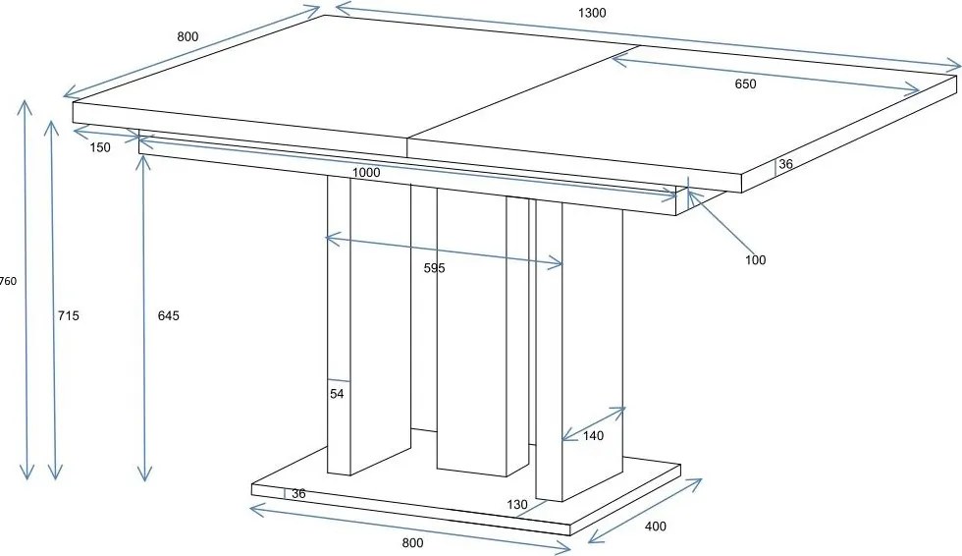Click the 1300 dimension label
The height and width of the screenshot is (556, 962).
point(592,12)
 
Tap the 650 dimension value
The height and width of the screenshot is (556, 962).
point(745,84)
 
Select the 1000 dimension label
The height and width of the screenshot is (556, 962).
point(366,173)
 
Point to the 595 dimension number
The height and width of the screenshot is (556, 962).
point(434,268)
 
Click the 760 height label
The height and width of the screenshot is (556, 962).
point(8,282)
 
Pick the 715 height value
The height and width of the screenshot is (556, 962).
point(68,315)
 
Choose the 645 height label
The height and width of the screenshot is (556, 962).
point(169,315)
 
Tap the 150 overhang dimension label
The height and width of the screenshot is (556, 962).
point(100,147)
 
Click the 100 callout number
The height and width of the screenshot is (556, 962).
point(755,260)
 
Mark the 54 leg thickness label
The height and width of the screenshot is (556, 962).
point(337,394)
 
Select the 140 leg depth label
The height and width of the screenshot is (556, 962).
point(593,436)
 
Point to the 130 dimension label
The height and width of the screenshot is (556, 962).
point(517,505)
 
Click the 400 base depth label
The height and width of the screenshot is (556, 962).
point(656,526)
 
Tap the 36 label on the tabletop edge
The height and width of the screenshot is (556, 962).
point(785,164)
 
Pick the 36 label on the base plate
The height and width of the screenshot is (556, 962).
point(298,493)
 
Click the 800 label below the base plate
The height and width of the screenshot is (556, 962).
point(413,542)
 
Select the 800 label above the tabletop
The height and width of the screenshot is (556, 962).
point(187,36)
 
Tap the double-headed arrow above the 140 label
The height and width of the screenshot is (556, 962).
point(594,423)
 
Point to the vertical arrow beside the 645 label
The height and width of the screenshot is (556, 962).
point(144,318)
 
